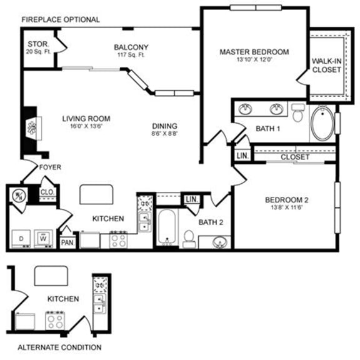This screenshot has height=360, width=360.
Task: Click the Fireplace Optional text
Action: (60, 19)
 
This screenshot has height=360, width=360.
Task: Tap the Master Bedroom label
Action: (254, 56)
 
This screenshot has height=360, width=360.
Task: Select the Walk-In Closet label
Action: (326, 66)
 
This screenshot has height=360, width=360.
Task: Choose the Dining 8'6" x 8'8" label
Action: (164, 129)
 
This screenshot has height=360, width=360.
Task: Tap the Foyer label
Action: (50, 167)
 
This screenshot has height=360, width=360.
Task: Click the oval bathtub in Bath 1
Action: (322, 125)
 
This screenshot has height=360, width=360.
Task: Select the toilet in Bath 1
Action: (297, 112)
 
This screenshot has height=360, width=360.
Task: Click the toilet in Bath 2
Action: (188, 238)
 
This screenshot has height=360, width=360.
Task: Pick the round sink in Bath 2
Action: (218, 242)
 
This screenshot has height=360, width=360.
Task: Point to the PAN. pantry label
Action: (67, 242)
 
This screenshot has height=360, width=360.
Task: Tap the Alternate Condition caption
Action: (59, 347)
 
